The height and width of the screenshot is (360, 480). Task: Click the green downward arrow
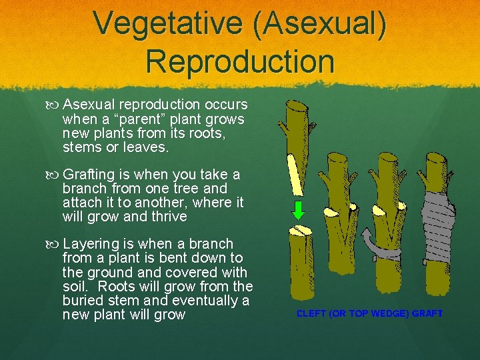pyautogui.click(x=299, y=210)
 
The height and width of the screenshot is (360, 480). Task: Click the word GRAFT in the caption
pyautogui.click(x=426, y=313)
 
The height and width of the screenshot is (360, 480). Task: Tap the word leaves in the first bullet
pyautogui.click(x=147, y=147)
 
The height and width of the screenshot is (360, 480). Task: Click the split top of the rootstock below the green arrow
pyautogui.click(x=300, y=231)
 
